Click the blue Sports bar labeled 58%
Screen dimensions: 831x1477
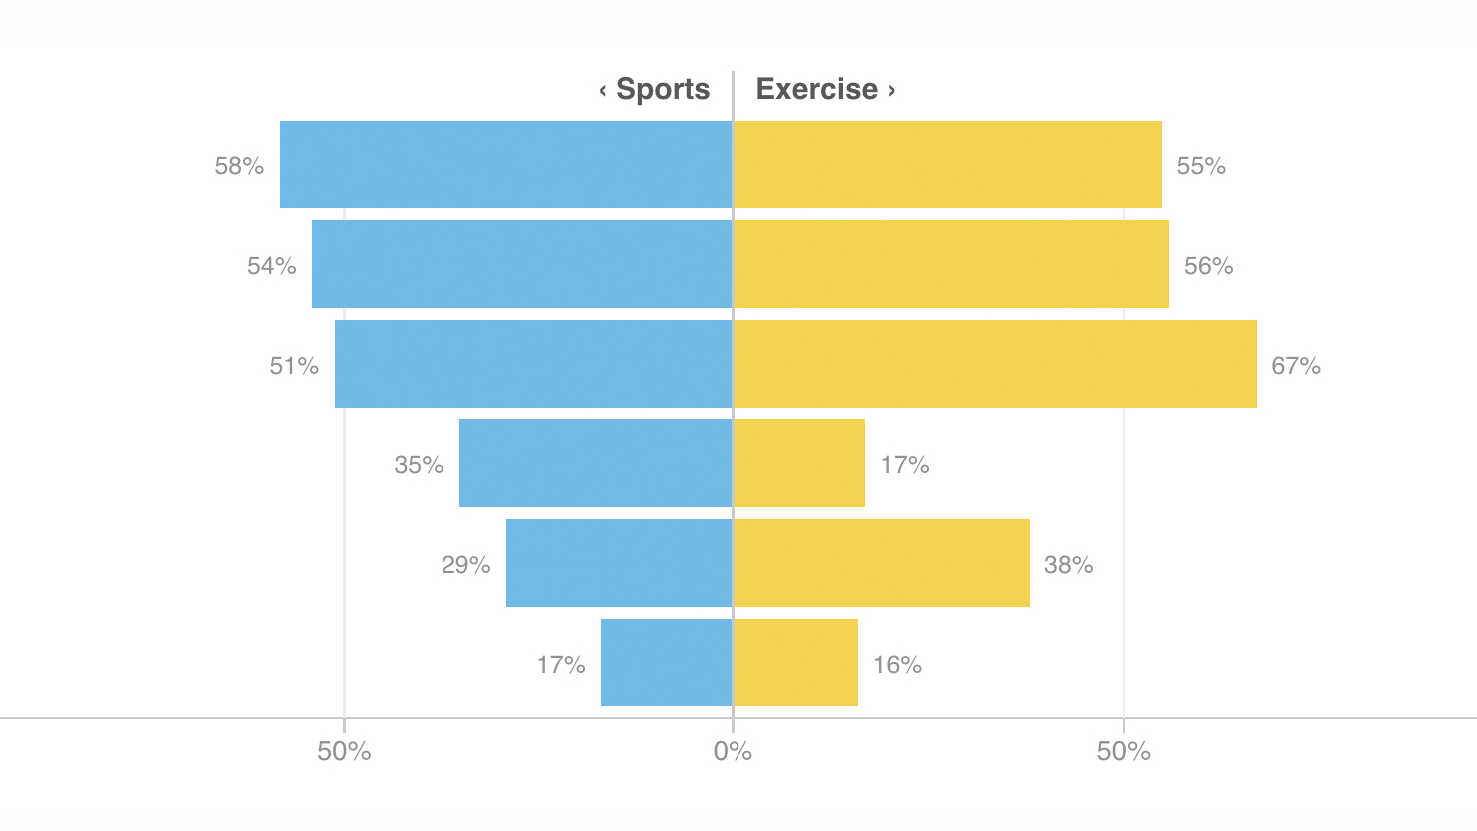click(x=505, y=164)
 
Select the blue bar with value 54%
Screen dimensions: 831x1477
click(x=521, y=264)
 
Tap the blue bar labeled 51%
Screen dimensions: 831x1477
click(x=533, y=364)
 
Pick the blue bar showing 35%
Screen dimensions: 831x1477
click(x=595, y=463)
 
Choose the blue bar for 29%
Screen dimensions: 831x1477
click(x=619, y=563)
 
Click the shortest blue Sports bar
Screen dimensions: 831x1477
click(x=666, y=663)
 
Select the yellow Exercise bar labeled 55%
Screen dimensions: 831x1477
click(x=947, y=164)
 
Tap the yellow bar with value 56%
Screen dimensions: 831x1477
click(x=951, y=264)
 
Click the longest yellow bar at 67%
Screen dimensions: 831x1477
click(x=995, y=364)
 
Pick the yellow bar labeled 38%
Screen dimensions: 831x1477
click(x=881, y=563)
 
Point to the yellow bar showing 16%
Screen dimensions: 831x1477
click(x=795, y=663)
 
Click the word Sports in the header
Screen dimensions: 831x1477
click(x=663, y=89)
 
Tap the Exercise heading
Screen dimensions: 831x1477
click(x=817, y=89)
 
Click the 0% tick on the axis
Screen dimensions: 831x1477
click(x=733, y=751)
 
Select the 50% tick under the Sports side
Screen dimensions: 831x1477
click(x=344, y=751)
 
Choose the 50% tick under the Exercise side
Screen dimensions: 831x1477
click(x=1123, y=751)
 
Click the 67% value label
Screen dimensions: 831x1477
click(x=1296, y=366)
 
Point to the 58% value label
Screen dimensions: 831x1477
click(x=239, y=166)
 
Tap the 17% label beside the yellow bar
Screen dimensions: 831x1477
click(x=905, y=465)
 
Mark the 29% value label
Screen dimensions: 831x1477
click(x=466, y=565)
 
